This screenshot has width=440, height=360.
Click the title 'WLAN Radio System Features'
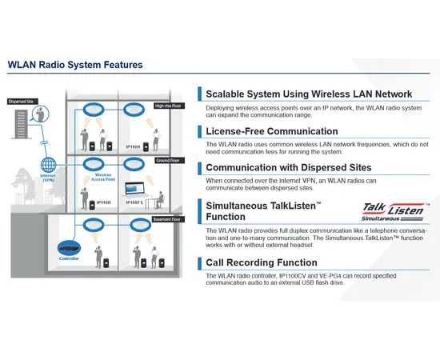point(74,65)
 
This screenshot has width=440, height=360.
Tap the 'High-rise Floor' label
point(168,105)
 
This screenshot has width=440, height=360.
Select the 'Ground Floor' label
point(168,160)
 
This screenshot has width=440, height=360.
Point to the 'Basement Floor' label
point(167,218)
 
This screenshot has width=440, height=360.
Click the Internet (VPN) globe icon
point(50,166)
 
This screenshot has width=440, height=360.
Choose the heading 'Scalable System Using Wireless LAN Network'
point(309,94)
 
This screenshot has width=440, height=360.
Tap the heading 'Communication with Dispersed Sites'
point(288,168)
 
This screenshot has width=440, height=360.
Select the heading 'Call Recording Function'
point(261,262)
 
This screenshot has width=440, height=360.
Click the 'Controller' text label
point(70,259)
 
